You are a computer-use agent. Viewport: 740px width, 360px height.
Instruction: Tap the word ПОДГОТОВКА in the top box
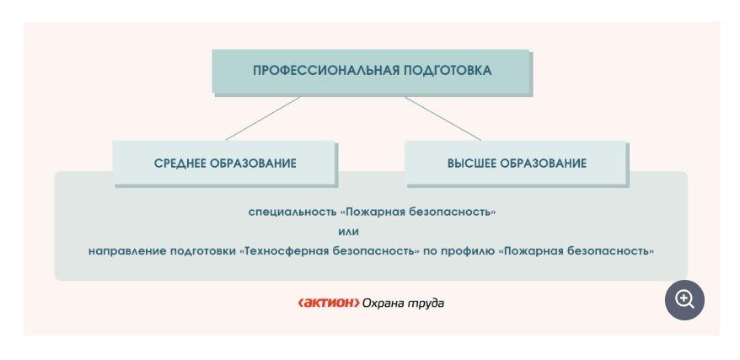(446, 71)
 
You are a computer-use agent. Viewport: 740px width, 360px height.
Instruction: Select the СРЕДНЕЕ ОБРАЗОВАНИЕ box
(225, 164)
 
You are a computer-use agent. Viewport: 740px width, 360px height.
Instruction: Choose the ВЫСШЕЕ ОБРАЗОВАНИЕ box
(516, 164)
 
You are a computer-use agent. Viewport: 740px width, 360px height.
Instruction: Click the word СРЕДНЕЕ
(183, 164)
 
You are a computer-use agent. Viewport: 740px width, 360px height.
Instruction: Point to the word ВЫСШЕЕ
(473, 164)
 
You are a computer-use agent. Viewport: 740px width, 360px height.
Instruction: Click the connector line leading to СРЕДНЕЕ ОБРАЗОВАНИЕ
(262, 118)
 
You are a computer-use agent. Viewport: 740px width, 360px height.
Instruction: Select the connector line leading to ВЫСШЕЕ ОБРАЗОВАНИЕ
(442, 118)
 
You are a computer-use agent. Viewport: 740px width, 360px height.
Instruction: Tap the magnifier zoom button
(684, 299)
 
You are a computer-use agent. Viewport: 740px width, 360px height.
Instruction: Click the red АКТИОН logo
(329, 303)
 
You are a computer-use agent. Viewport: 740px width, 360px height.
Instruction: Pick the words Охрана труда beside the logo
(403, 303)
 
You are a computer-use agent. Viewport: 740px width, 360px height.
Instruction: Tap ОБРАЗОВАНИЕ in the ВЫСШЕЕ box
(544, 164)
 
